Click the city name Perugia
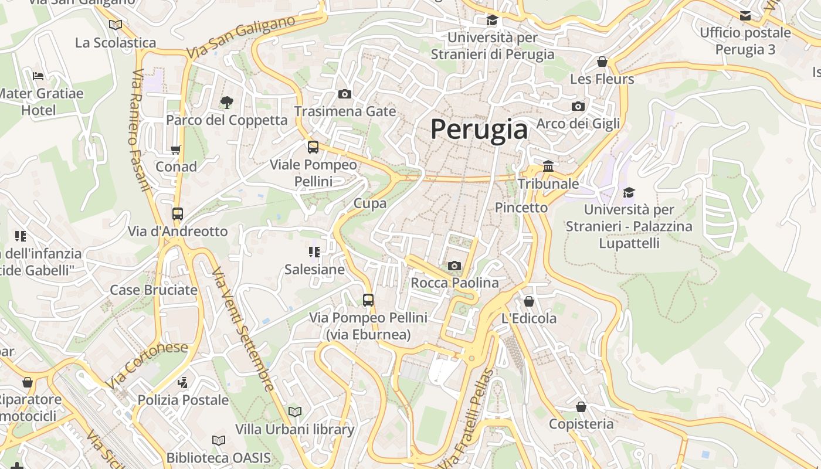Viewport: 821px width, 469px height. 479,130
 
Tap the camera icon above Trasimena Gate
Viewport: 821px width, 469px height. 345,94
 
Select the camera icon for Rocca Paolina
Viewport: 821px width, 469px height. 454,266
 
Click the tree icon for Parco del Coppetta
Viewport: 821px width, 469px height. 226,103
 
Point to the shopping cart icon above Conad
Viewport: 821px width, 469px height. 176,149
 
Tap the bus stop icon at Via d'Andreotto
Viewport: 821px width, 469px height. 178,214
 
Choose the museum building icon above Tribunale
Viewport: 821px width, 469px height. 548,166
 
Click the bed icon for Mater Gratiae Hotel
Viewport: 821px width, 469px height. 38,76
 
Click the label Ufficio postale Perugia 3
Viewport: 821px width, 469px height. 745,41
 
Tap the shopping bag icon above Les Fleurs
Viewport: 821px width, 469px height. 602,62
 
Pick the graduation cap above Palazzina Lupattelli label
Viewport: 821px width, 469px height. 629,192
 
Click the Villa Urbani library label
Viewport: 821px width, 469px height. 294,429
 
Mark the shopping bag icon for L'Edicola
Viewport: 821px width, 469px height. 529,301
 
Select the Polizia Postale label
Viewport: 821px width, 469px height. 183,400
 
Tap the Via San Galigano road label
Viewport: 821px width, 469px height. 240,38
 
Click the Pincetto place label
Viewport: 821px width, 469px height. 521,208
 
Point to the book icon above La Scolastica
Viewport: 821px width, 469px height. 116,25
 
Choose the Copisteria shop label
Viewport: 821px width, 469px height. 581,423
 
